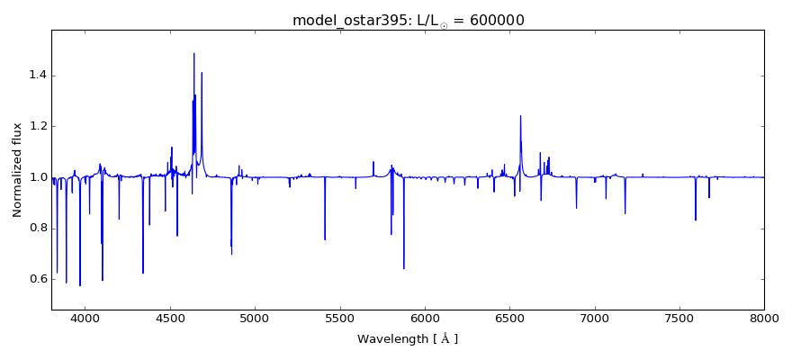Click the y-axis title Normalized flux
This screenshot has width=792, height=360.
coord(18,170)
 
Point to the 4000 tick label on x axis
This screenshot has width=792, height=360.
coord(85,319)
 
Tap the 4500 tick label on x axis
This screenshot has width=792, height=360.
coord(170,319)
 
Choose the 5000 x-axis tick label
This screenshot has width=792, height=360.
coord(255,319)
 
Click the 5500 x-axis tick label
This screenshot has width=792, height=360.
coord(340,319)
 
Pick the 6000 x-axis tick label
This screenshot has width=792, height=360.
coord(425,319)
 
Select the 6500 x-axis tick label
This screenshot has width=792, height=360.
coord(509,319)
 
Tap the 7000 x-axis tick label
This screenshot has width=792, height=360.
coord(594,319)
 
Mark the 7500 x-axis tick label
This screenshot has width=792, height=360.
coord(679,319)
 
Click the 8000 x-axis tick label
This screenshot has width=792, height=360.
coord(764,319)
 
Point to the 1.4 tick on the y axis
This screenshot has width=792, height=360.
coord(35,76)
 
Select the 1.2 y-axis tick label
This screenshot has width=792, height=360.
coord(35,127)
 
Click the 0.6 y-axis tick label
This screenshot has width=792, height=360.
coord(35,279)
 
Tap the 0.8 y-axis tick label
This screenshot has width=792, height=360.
coord(35,229)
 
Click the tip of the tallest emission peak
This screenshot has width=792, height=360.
coord(193,53)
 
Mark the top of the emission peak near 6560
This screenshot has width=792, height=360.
coord(520,115)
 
